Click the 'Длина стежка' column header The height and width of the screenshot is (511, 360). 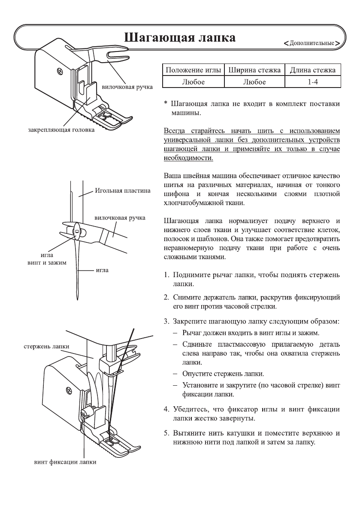tap(313, 70)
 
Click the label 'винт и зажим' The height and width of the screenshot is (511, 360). tap(44, 263)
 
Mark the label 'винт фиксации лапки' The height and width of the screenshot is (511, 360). tap(65, 462)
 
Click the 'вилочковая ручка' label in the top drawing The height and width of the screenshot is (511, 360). tap(127, 87)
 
